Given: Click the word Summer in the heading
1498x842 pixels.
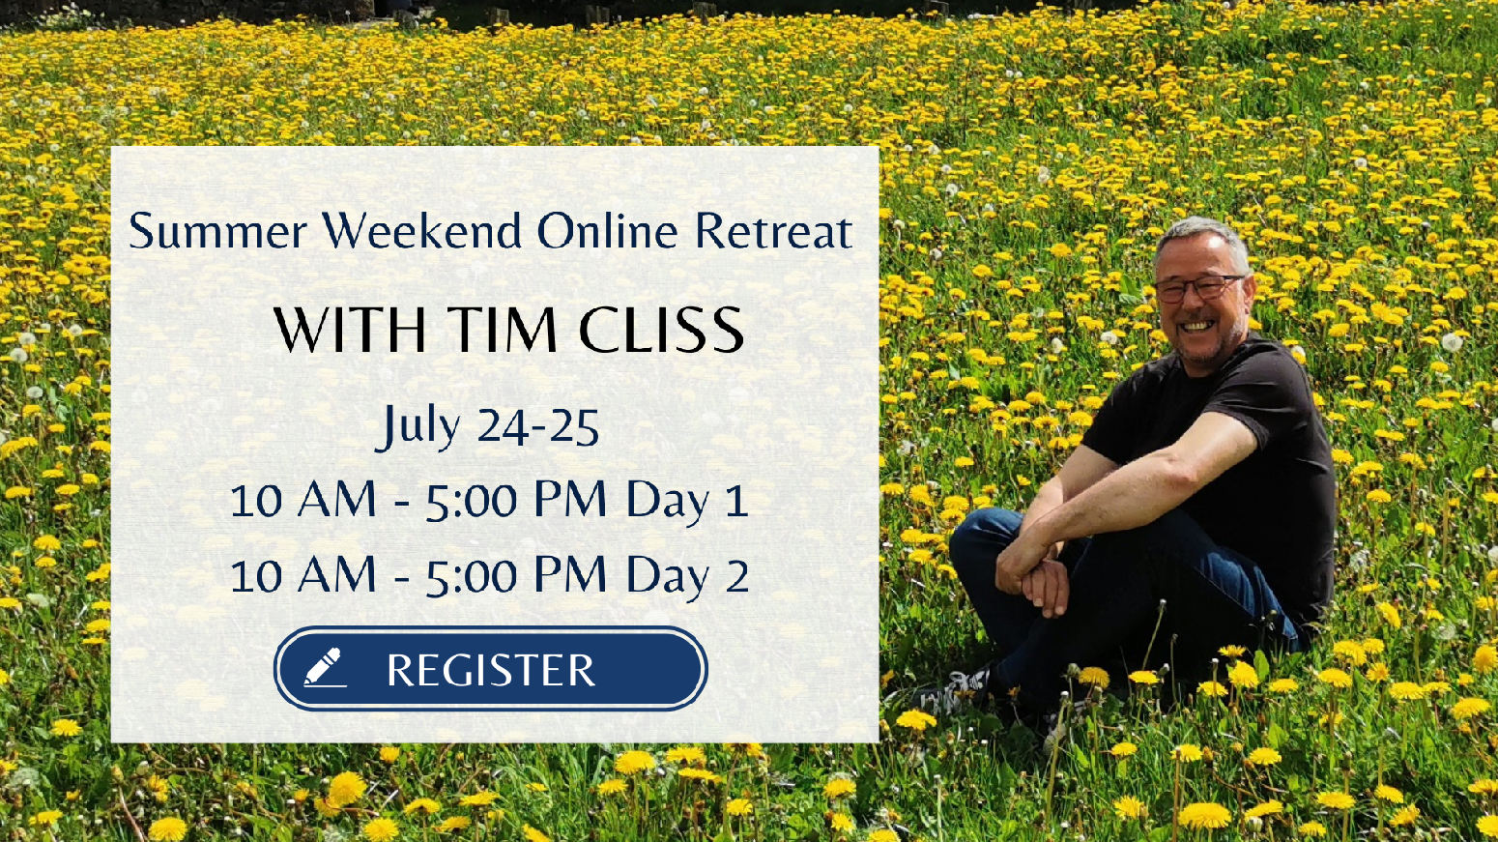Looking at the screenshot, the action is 218,231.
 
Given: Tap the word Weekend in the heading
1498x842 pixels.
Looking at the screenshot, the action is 422,231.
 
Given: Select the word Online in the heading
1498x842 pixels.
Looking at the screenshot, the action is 608,231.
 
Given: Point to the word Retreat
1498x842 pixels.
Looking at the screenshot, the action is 774,231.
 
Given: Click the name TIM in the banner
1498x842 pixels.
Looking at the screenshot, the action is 502,331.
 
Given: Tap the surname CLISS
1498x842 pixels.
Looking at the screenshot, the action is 661,331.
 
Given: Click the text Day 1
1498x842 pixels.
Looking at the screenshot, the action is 687,501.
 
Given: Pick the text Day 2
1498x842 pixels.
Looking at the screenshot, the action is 687,576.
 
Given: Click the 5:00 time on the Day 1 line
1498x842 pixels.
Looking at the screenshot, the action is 472,502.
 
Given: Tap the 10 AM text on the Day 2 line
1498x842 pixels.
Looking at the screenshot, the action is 302,576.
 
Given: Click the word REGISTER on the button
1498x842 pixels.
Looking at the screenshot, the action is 491,670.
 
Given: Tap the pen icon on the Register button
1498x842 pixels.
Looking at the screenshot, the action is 324,667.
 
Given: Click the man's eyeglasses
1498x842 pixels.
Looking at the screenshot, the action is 1197,287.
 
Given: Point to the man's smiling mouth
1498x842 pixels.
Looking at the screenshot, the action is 1197,327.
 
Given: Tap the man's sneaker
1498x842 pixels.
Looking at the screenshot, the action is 958,693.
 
